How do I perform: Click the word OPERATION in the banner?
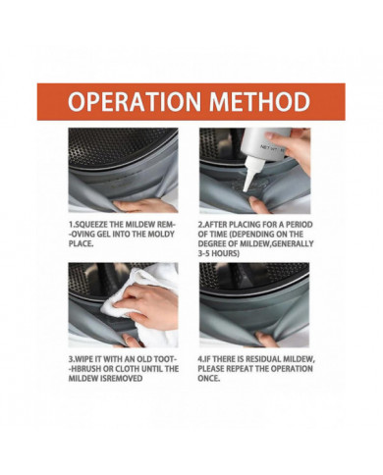pyautogui.click(x=135, y=102)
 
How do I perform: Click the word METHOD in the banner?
pyautogui.click(x=259, y=102)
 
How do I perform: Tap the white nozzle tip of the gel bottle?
pyautogui.click(x=245, y=189)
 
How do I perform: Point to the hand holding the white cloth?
pyautogui.click(x=147, y=303)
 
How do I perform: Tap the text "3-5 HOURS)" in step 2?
pyautogui.click(x=218, y=253)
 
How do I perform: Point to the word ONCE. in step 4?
pyautogui.click(x=208, y=379)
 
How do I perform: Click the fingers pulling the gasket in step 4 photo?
pyautogui.click(x=267, y=339)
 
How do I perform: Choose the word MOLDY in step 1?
pyautogui.click(x=161, y=235)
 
